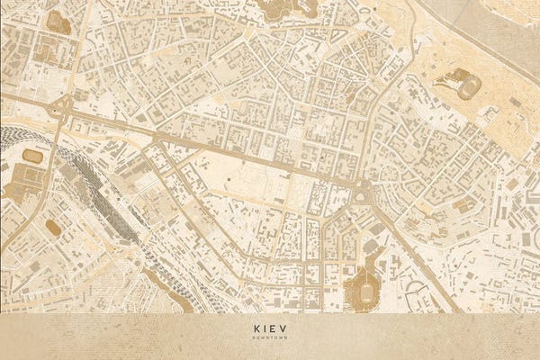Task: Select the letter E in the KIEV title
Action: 275,330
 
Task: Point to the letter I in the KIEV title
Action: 265,330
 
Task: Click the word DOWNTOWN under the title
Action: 270,340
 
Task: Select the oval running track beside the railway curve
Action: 33,157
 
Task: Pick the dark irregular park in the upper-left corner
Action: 58,22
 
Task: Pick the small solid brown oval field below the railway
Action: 54,229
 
